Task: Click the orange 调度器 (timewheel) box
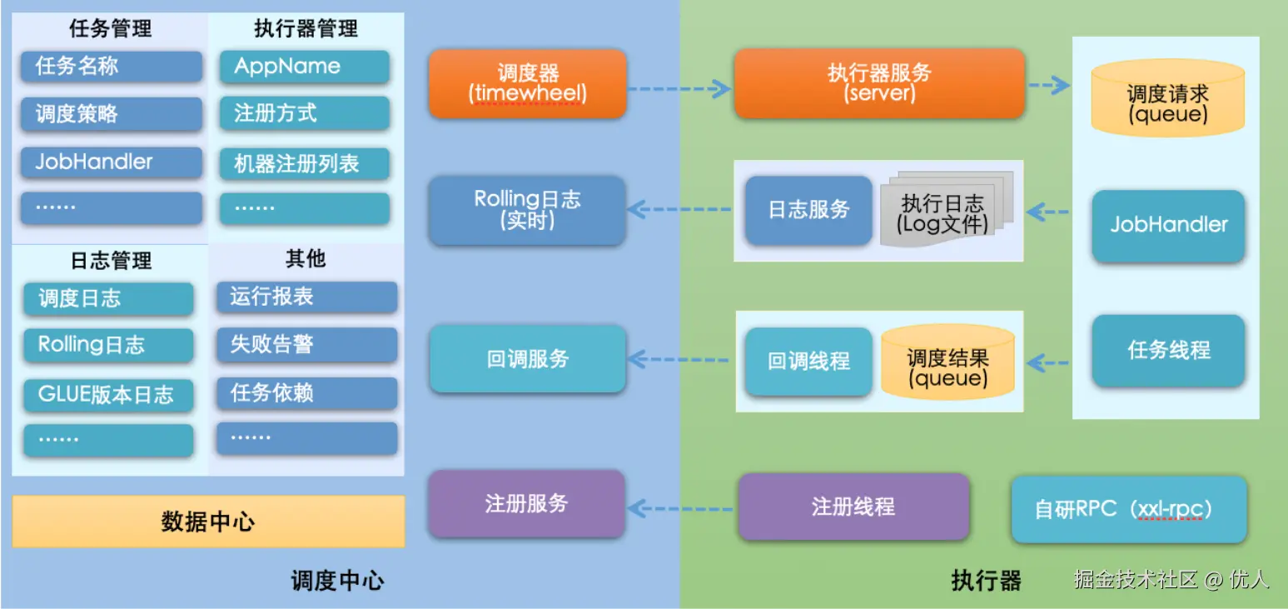[527, 83]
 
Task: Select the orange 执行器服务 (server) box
[879, 83]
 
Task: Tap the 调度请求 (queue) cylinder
[1168, 97]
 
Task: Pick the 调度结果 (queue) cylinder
[947, 362]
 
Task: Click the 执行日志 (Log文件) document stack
[947, 208]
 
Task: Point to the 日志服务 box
[808, 210]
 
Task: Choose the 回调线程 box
[808, 361]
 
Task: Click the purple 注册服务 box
[527, 504]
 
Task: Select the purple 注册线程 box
[853, 507]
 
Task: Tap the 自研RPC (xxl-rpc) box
[1129, 509]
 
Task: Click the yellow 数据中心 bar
[208, 522]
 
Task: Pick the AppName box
[305, 66]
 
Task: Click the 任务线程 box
[1168, 350]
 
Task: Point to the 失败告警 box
[306, 344]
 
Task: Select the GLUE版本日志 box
[109, 395]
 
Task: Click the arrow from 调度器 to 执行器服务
[679, 88]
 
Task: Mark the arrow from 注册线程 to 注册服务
[680, 508]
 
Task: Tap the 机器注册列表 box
[305, 164]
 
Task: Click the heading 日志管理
[111, 261]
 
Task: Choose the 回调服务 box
[527, 359]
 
